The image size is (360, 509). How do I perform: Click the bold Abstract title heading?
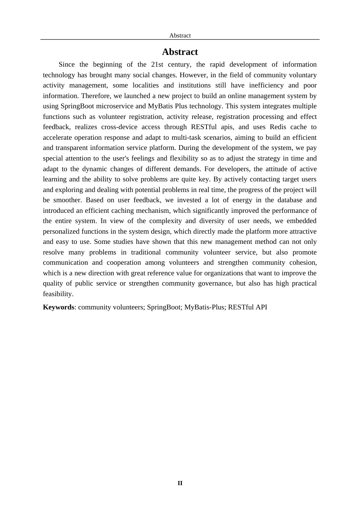pyautogui.click(x=180, y=52)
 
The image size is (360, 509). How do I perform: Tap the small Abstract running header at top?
pyautogui.click(x=180, y=36)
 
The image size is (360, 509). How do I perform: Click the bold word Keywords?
pyautogui.click(x=58, y=307)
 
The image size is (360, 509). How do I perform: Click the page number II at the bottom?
pyautogui.click(x=180, y=483)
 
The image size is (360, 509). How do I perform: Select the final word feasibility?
pyautogui.click(x=58, y=294)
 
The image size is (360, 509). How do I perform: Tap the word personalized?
pyautogui.click(x=61, y=231)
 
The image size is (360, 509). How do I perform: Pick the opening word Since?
pyautogui.click(x=67, y=64)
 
